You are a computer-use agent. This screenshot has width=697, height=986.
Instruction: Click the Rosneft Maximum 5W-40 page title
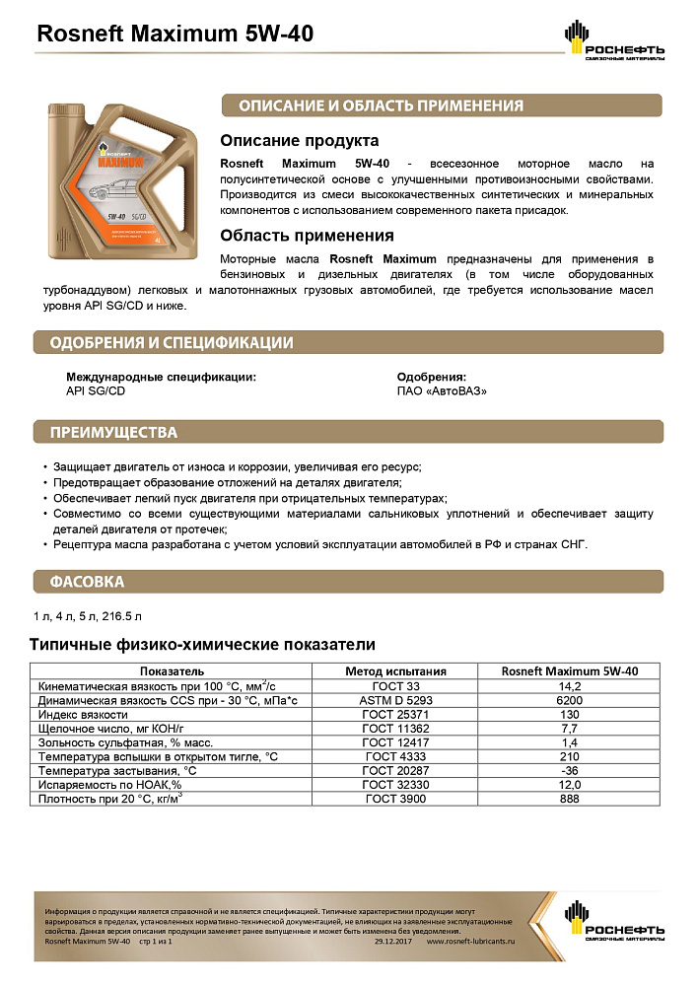174,35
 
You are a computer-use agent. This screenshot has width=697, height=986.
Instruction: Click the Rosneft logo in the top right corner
614,42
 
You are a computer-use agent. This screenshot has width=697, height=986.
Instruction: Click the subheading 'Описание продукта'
299,141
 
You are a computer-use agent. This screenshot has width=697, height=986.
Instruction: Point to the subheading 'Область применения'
307,236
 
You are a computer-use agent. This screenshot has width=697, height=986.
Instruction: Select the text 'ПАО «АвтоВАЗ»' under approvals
442,390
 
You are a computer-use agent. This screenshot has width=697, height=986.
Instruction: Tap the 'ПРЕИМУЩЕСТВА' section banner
114,432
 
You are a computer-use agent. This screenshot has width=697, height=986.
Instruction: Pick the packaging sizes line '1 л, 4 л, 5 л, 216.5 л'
88,617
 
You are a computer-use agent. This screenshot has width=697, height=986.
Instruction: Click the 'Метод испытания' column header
395,671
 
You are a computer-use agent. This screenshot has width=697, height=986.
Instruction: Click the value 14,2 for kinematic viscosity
570,685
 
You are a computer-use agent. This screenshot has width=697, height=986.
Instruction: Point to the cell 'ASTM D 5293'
395,699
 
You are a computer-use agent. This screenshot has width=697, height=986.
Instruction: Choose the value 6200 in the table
570,699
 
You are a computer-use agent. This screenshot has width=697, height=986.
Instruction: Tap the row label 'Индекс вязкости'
83,714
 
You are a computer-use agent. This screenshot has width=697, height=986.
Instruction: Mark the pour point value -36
570,770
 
